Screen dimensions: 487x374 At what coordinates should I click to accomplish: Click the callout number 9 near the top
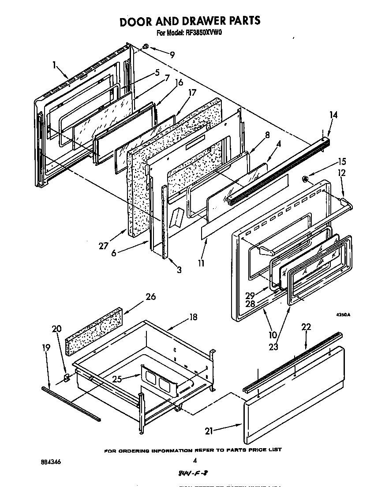(x=172, y=55)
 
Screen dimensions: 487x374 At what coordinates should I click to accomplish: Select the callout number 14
(x=333, y=116)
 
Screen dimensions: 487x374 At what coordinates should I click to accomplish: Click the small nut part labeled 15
(x=305, y=178)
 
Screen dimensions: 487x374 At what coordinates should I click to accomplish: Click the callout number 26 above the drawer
(x=150, y=297)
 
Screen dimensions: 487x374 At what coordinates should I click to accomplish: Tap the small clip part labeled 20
(x=67, y=377)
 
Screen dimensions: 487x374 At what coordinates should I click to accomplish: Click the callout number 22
(x=306, y=327)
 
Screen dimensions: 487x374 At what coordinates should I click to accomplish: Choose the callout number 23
(x=273, y=347)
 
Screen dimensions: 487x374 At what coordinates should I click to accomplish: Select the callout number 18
(x=193, y=317)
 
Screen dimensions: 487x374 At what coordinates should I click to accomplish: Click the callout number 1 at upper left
(x=54, y=65)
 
